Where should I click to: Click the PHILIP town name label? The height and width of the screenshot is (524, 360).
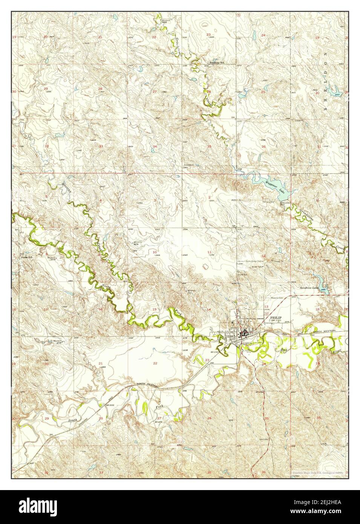tap(276, 318)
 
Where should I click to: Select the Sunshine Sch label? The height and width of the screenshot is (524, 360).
tap(218, 63)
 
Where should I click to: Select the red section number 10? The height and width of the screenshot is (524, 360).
tap(155, 252)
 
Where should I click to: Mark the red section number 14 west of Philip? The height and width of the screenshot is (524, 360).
tap(208, 309)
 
